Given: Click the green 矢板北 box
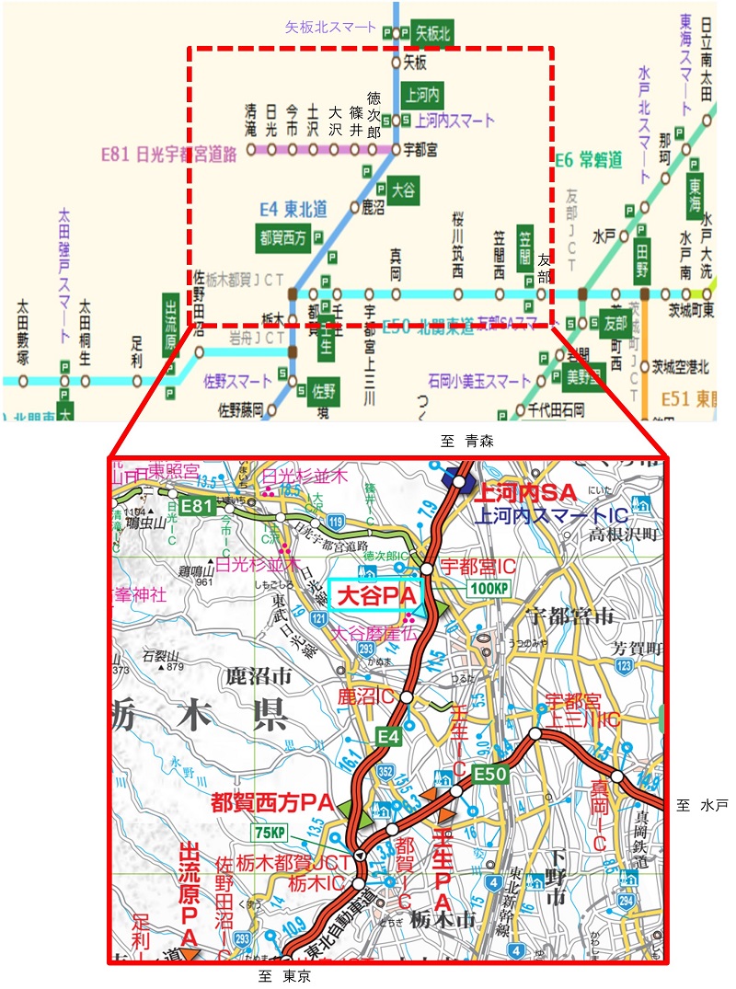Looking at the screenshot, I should point(432,33).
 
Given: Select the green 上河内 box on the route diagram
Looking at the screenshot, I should point(422,94).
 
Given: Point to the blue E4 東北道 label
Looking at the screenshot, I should point(293,209).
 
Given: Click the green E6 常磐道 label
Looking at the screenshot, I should point(588,159).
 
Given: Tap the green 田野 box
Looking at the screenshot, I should point(643,263).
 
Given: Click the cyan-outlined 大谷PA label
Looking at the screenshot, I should point(374,596).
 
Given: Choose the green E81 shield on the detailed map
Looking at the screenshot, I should point(196,505).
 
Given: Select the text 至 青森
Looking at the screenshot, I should point(468,442).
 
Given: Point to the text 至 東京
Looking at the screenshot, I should point(284,977).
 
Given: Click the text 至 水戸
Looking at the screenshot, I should point(702,806).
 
